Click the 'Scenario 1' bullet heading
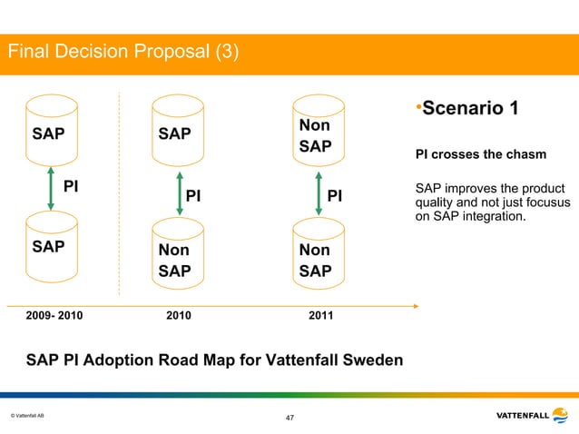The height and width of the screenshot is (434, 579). click(x=466, y=109)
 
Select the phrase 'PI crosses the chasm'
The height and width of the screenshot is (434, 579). click(x=480, y=154)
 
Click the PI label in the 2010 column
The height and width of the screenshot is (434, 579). click(x=193, y=196)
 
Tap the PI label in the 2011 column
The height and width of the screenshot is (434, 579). click(x=335, y=196)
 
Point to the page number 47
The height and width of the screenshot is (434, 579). click(x=289, y=418)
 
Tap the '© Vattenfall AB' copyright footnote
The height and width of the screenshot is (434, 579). click(x=27, y=416)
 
